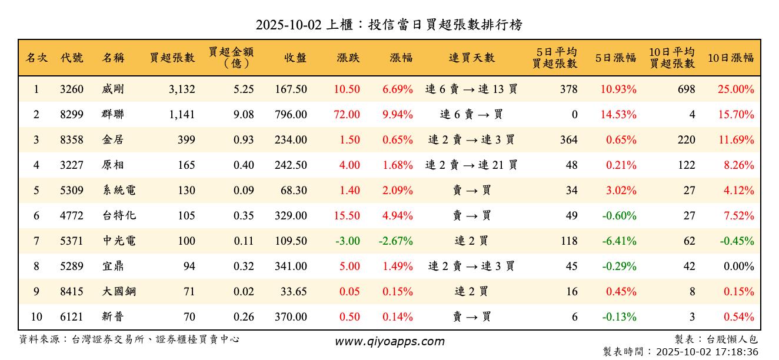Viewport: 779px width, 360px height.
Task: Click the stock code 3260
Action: [72, 89]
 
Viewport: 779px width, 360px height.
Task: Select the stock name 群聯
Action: [113, 115]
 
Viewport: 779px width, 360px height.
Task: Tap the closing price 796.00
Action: [291, 115]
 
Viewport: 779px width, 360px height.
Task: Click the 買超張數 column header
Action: [172, 58]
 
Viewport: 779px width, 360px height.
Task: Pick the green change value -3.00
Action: [347, 241]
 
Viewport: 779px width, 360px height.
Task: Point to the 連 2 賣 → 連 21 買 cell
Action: [471, 165]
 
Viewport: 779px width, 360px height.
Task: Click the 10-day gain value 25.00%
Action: [735, 89]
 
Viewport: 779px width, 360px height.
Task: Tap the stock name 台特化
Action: [119, 216]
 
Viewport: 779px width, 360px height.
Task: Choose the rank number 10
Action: [36, 317]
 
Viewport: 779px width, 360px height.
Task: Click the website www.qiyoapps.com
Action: [389, 342]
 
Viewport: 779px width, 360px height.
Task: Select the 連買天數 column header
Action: [471, 58]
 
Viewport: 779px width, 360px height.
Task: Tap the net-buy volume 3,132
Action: [181, 89]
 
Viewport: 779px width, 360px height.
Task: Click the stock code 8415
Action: [72, 292]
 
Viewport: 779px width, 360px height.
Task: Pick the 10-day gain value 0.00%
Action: [739, 266]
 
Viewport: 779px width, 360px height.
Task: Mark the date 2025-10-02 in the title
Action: [288, 25]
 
